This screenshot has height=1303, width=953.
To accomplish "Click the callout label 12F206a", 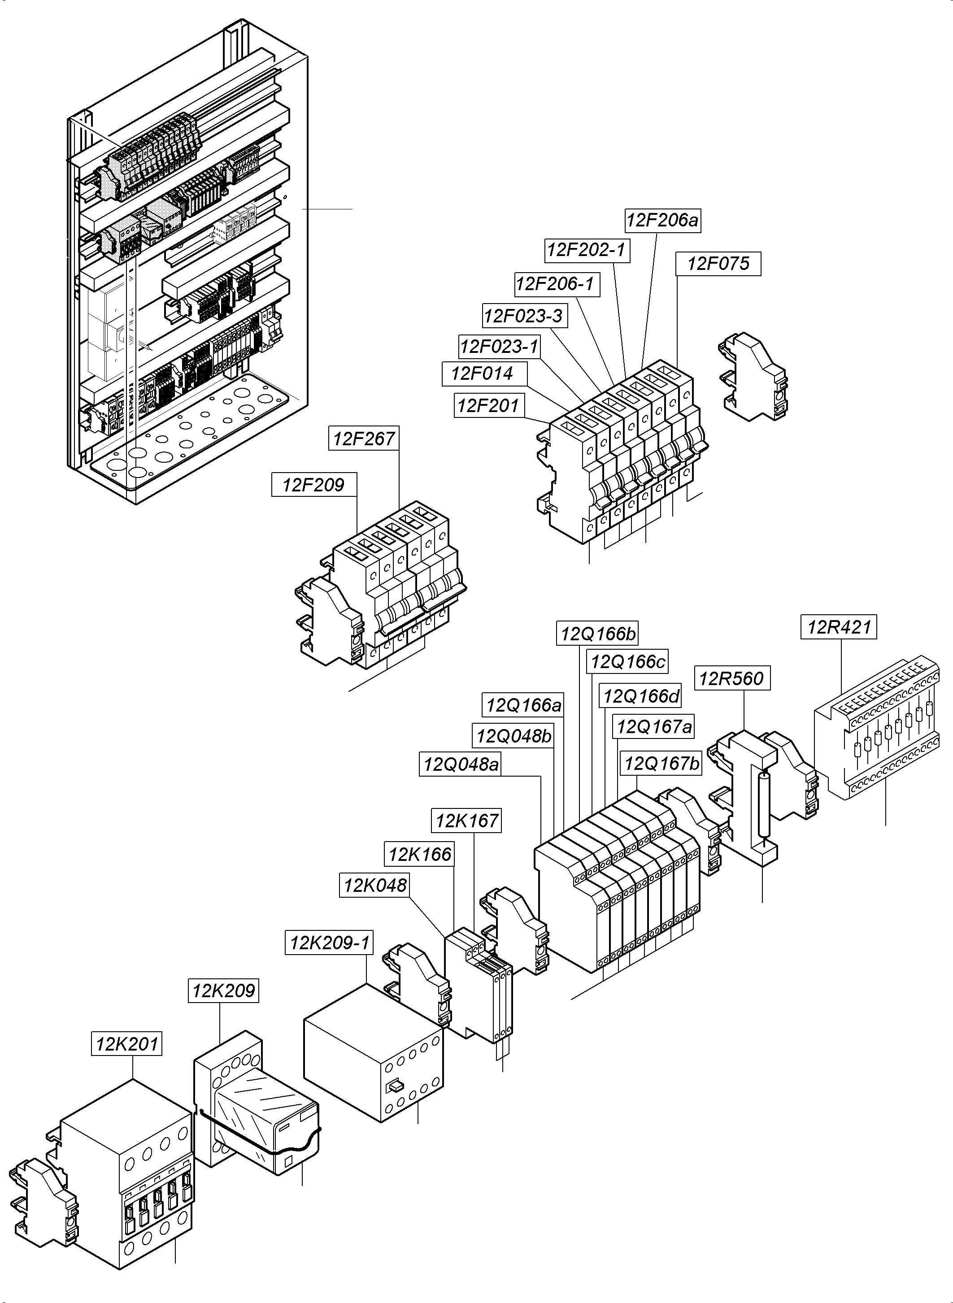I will [662, 220].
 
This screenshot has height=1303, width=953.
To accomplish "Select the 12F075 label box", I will [718, 264].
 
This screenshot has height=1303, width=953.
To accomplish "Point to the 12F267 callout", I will [363, 439].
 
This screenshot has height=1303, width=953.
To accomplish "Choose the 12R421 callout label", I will [838, 626].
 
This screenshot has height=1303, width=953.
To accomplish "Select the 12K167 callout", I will [466, 820].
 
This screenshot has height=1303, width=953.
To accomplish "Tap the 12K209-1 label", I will [329, 943].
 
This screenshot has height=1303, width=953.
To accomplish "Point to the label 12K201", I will [126, 1044].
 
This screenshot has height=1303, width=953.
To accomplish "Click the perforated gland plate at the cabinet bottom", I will [190, 427].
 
